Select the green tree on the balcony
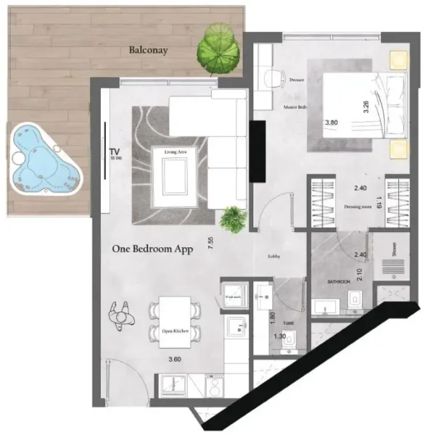[x=217, y=49]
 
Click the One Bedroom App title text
[x=152, y=248]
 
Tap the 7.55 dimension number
[x=210, y=244]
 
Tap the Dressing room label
[x=358, y=207]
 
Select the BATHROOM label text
[x=339, y=280]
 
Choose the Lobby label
[x=274, y=256]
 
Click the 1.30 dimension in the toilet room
[x=279, y=336]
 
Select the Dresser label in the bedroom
[x=296, y=80]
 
